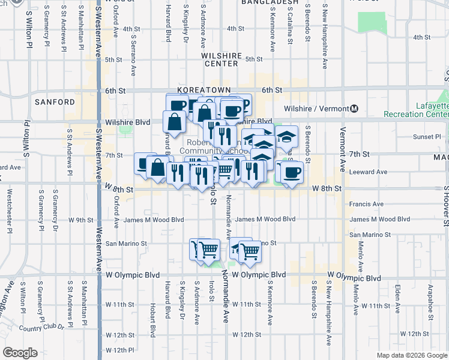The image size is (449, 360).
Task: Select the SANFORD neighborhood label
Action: pos(55,102)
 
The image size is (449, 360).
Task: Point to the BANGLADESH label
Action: pos(270,2)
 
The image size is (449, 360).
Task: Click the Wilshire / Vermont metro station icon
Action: pos(354,109)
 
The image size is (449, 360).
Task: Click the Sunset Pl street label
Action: pos(426,137)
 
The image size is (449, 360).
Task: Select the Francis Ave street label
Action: pos(366,204)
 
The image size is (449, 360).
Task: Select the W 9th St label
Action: pos(80,220)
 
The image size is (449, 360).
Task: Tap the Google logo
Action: pos(20,352)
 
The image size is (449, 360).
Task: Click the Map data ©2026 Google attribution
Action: pos(411,355)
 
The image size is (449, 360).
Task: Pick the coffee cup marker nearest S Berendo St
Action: pos(292,173)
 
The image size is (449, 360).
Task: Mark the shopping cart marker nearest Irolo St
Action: pos(209,249)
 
